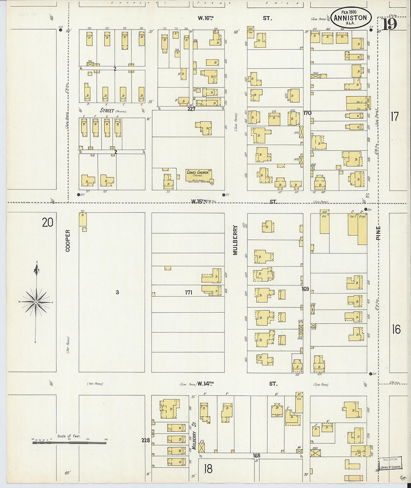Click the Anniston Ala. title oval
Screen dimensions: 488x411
[350, 18]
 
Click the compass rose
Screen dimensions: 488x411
[35, 301]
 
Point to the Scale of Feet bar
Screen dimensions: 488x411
[69, 443]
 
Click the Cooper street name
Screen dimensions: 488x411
[68, 240]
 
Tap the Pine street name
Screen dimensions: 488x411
[378, 233]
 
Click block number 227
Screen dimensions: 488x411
[191, 109]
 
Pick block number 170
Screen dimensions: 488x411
[307, 113]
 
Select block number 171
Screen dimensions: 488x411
[188, 292]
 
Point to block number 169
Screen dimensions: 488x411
[306, 289]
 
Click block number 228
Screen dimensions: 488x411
[145, 440]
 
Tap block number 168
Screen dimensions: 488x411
[256, 455]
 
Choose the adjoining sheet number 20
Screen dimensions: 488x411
[47, 222]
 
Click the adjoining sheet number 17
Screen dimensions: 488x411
[395, 117]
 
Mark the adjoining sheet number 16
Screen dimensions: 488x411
[396, 329]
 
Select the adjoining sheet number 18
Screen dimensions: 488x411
[208, 468]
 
